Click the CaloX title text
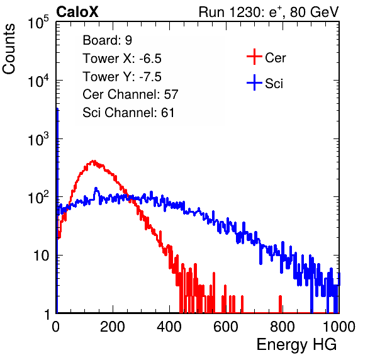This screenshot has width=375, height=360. (x=77, y=12)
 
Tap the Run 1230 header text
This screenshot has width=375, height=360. (x=269, y=12)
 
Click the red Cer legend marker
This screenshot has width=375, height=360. (x=254, y=57)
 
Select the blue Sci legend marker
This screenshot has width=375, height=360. (x=254, y=82)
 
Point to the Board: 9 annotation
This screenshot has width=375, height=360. (x=107, y=40)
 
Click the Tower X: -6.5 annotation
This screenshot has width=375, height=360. (x=122, y=59)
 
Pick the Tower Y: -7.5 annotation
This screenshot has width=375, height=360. (x=122, y=77)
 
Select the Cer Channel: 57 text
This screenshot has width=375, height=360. (x=130, y=94)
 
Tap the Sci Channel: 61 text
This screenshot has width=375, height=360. (x=128, y=113)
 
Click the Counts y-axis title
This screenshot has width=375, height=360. (x=9, y=49)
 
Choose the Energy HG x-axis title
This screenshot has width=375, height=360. (x=296, y=344)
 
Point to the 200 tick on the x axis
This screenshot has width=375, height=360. (x=113, y=327)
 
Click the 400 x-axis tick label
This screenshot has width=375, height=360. (x=169, y=327)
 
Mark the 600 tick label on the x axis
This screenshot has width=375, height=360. (x=226, y=327)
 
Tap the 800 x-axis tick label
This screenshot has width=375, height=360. (x=283, y=327)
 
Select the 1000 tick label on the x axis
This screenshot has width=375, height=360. (x=339, y=327)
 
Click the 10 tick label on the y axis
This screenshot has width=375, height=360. (x=41, y=256)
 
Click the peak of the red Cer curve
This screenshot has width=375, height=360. (x=93, y=162)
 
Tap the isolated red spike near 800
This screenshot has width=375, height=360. (x=280, y=304)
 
